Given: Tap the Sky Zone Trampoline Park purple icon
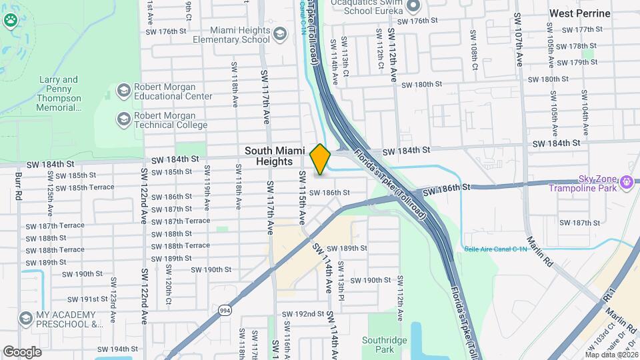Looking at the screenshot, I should pos(626,181).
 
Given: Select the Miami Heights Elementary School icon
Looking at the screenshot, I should pos(280,34).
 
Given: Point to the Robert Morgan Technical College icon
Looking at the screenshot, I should pos(123,119).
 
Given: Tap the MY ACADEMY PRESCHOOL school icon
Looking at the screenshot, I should pos(26,319).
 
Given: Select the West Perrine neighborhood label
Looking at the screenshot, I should pos(579,13).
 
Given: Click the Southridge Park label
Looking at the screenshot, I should pos(385,344).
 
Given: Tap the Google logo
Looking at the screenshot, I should pos(22,351).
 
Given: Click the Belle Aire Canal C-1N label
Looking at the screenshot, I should pos(495,249).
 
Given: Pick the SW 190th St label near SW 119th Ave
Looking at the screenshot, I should pos(211,269).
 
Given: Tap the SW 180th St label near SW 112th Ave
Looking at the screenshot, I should pos(422,85).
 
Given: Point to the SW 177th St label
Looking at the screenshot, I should pos(582,30).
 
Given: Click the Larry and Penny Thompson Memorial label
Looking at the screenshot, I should pos(59,93).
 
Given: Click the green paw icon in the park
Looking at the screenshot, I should pos(10,20).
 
